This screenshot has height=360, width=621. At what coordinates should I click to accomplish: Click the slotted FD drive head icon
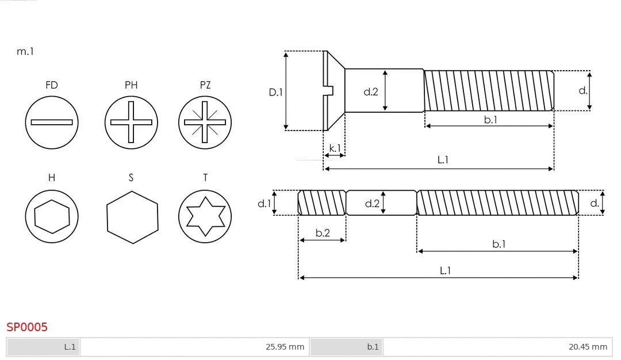(52, 122)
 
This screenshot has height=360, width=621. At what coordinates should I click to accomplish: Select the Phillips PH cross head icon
(131, 122)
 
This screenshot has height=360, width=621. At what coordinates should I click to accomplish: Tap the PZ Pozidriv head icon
(205, 122)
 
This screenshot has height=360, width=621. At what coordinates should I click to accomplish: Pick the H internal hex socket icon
(52, 216)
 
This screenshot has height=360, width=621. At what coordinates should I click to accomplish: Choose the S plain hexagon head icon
(132, 217)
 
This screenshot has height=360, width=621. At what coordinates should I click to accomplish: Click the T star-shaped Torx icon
(205, 216)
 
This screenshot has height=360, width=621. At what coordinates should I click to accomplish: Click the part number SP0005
(27, 327)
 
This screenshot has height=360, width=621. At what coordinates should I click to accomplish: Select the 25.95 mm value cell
(194, 347)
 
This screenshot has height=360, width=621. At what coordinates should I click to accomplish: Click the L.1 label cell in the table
(44, 347)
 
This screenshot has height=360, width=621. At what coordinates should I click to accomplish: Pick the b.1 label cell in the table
(347, 347)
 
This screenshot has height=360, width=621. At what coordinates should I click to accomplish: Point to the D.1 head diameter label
(276, 91)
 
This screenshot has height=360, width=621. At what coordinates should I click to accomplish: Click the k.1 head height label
(335, 148)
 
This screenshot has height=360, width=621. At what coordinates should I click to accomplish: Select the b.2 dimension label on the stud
(323, 233)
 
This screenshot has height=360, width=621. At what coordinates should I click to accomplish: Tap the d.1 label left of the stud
(263, 203)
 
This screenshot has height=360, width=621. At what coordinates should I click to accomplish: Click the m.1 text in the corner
(25, 51)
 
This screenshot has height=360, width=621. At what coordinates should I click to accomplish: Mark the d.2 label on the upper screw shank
(371, 91)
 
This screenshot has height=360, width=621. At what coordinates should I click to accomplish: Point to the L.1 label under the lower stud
(444, 270)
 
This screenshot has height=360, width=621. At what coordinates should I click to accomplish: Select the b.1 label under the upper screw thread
(490, 120)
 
